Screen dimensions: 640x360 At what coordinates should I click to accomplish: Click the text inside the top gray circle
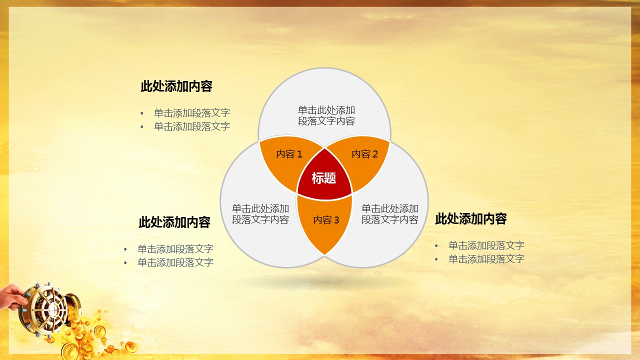[326, 115]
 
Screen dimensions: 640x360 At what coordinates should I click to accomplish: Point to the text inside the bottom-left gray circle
[260, 214]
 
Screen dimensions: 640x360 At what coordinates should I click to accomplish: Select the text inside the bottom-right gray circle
[389, 214]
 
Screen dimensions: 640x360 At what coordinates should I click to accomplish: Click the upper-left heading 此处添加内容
[176, 86]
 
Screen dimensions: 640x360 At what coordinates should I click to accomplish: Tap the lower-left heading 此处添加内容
[174, 222]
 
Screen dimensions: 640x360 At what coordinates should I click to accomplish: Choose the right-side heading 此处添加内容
[471, 219]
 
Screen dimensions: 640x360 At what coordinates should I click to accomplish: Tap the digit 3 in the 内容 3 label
[336, 220]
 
